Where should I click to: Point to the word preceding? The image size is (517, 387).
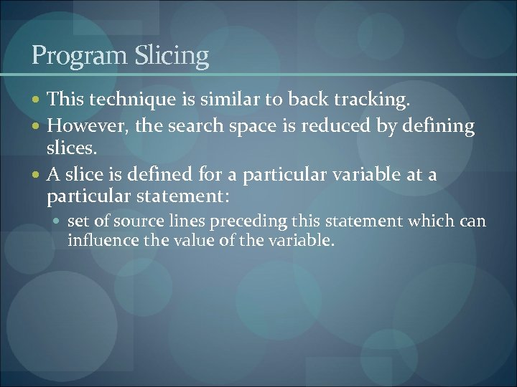pyautogui.click(x=243, y=221)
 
